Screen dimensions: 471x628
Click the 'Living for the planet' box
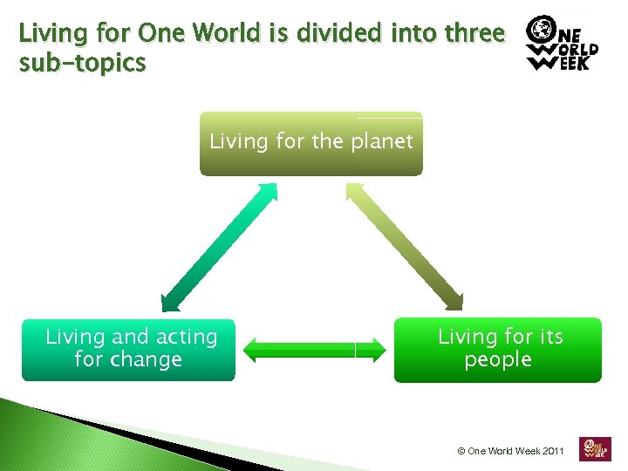311,144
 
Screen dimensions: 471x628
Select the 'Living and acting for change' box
128,349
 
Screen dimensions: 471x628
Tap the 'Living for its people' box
497,350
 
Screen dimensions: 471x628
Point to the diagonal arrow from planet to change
219,246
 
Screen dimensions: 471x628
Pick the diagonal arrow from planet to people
405,246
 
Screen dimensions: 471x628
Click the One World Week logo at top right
562,43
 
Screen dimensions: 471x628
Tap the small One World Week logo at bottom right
595,448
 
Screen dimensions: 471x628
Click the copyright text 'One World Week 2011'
512,451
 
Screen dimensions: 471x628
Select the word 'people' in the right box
498,359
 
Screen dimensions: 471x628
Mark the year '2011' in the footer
553,451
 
